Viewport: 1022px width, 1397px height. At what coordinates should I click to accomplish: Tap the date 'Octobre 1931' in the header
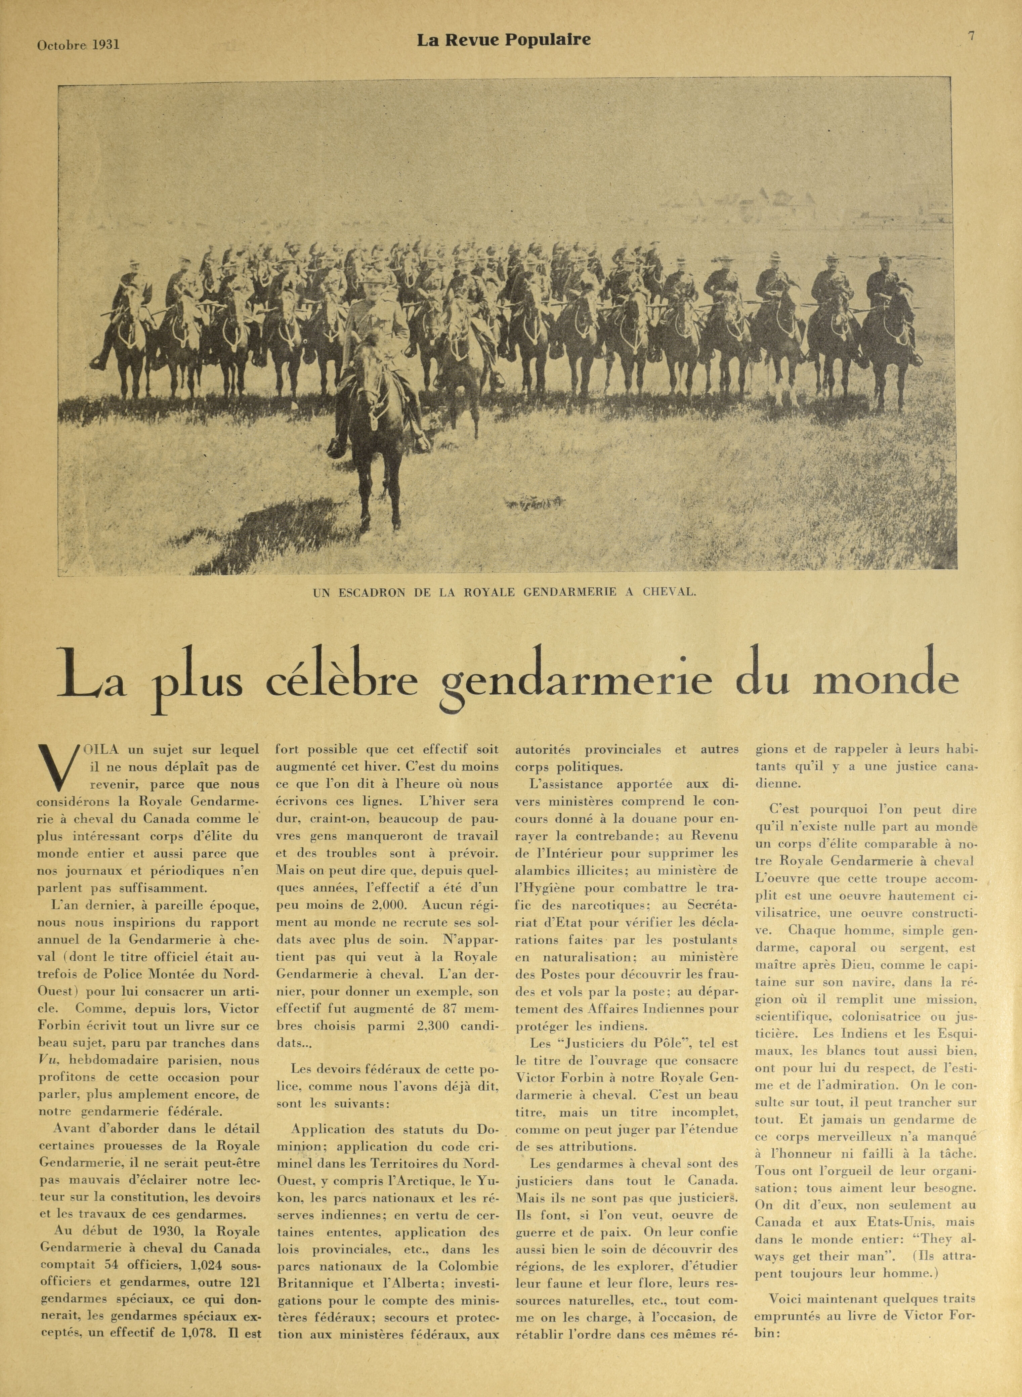(x=78, y=45)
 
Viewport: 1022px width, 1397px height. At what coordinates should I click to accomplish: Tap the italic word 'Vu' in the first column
(x=48, y=1060)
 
